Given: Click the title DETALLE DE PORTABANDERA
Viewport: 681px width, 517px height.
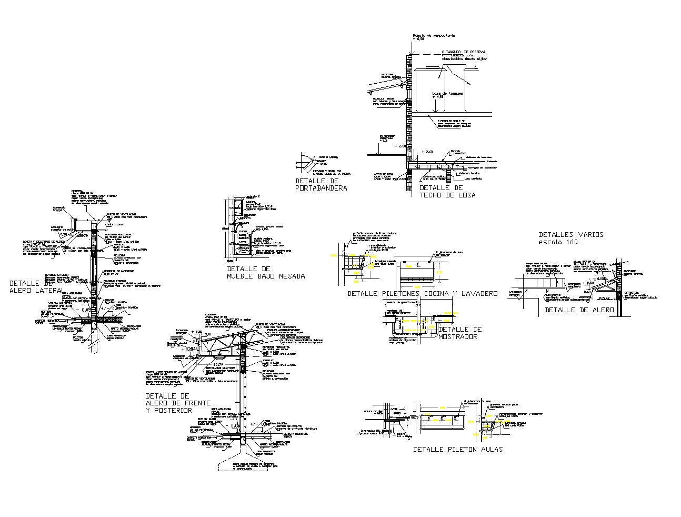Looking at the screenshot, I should [x=321, y=184].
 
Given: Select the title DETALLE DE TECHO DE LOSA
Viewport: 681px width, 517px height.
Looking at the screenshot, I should [x=447, y=191].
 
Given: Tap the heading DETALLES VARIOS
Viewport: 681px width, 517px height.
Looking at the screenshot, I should [x=571, y=234].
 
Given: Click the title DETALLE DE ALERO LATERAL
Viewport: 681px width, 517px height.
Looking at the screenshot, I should [x=37, y=286].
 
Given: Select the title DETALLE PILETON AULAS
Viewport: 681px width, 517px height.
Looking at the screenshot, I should [x=458, y=449].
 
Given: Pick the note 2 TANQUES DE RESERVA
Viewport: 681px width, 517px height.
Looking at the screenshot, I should [x=463, y=52].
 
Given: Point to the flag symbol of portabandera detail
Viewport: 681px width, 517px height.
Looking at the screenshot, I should [x=305, y=158].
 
